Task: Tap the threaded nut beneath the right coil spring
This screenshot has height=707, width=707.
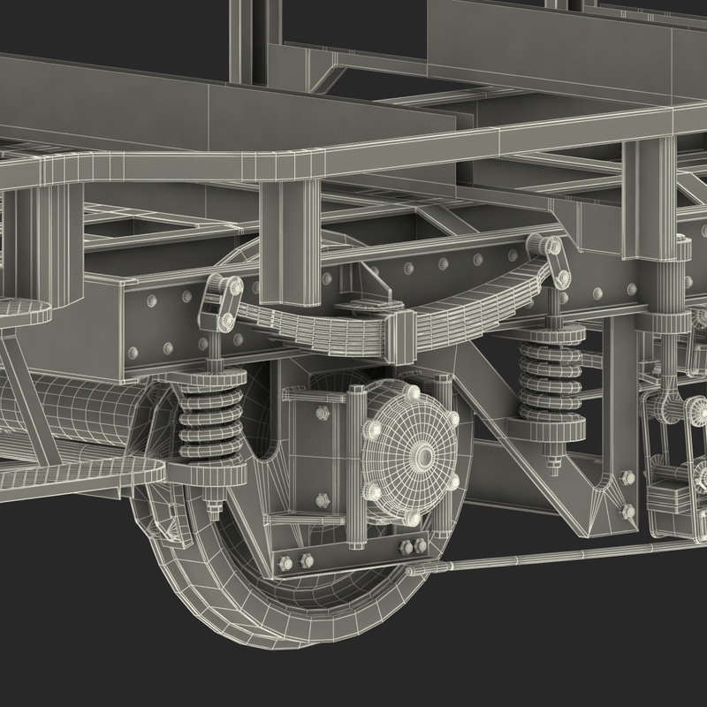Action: (554, 460)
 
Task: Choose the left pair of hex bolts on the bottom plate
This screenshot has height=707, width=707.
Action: (296, 561)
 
